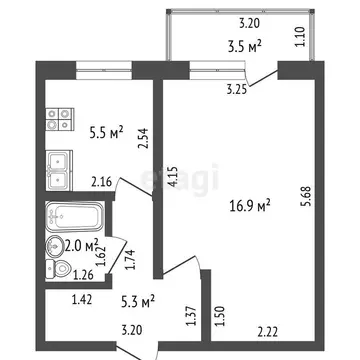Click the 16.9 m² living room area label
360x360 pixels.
[251, 206]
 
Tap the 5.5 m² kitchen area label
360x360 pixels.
[104, 129]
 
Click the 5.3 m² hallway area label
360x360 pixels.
[137, 300]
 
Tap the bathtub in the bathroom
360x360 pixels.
[74, 216]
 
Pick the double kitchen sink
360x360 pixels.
[56, 168]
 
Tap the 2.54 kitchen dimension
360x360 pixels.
[143, 138]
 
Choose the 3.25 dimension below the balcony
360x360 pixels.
[237, 90]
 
